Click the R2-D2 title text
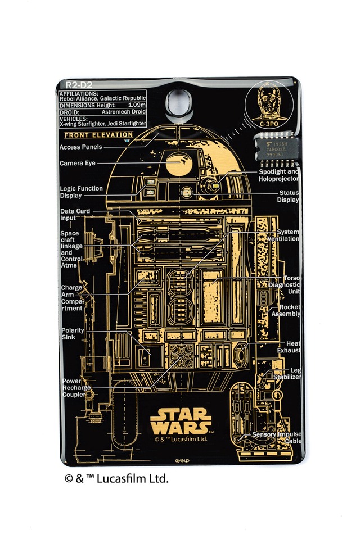[x=74, y=85]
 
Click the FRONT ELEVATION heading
[x=98, y=135]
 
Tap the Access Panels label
[x=81, y=147]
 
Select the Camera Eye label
[x=78, y=164]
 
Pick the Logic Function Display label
[x=81, y=192]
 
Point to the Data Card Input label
[x=75, y=215]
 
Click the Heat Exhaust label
[x=289, y=347]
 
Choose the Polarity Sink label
[x=73, y=334]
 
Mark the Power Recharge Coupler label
[x=75, y=388]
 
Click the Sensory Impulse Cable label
[x=277, y=437]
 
